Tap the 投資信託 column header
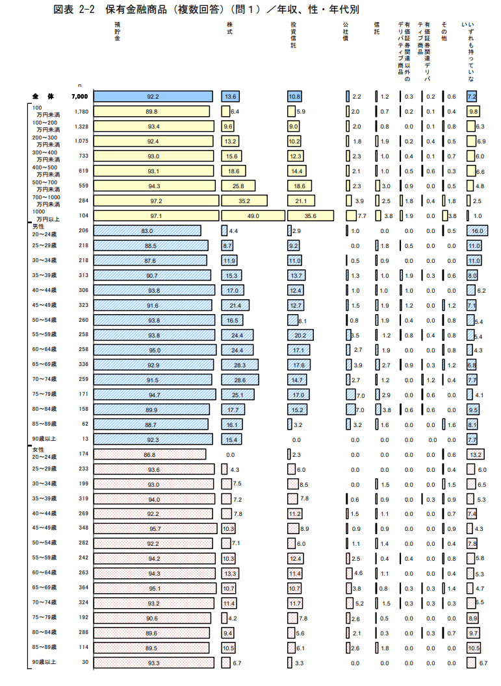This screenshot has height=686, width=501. coord(293,35)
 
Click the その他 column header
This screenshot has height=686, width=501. coord(444,31)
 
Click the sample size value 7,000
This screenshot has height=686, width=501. coord(80,96)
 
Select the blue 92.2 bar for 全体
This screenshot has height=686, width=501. coord(153,96)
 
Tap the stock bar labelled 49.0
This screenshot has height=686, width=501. coord(253,215)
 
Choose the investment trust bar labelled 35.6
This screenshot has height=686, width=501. coord(311,215)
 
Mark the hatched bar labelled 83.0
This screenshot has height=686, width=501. coord(147,230)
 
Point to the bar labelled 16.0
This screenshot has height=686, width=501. coord(476,230)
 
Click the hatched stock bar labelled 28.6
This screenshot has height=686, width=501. coord(240,379)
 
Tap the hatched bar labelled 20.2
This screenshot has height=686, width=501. coord(300,335)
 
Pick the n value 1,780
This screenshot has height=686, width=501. coord(81,111)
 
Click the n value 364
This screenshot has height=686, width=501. coord(83,587)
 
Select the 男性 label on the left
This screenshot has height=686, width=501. coord(38,226)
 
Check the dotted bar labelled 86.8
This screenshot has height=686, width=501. coord(149,455)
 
